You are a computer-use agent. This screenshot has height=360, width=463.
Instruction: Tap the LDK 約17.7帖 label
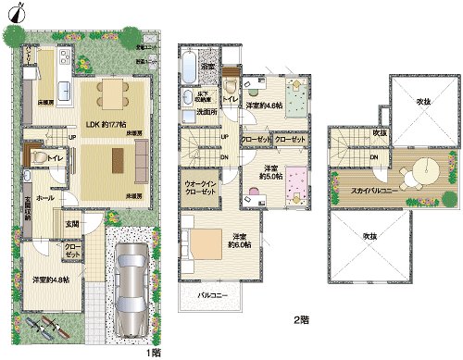click(x=104, y=124)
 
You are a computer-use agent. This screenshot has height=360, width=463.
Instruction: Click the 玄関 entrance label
click(x=71, y=223)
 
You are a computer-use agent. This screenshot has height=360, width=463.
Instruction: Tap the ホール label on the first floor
click(x=45, y=198)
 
